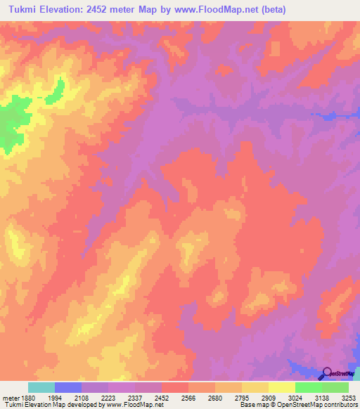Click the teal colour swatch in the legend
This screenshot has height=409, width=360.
(41, 387)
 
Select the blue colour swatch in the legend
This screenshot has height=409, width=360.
(67, 387)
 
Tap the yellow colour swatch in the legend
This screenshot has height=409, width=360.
(281, 387)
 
